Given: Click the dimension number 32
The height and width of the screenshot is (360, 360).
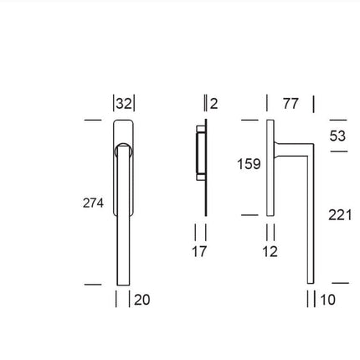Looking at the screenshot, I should (124, 104).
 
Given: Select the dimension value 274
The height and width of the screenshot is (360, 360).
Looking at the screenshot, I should (92, 203).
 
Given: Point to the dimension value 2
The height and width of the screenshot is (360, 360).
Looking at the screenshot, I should (213, 104).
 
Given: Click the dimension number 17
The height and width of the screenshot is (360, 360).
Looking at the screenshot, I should (198, 251).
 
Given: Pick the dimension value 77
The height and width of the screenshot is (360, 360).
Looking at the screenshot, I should (290, 104).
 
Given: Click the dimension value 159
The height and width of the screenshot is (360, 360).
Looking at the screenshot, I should (249, 164).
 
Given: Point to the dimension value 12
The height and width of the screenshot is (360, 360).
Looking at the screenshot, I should (269, 251).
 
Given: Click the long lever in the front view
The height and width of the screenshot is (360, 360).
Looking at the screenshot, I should (122, 218).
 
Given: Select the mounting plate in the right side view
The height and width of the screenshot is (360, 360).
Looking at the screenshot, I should (270, 167).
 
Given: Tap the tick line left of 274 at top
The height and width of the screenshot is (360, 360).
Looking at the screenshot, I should (93, 121).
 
